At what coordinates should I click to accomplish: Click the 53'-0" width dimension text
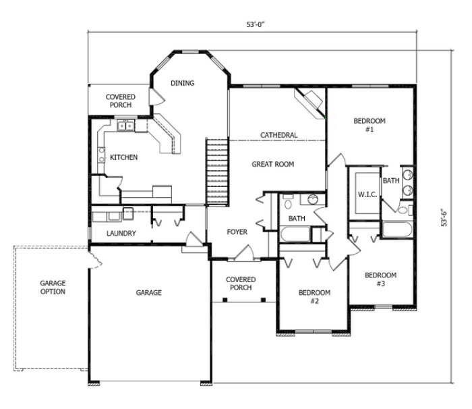[254, 24]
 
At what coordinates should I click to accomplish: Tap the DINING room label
[182, 84]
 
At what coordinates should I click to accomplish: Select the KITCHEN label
[124, 157]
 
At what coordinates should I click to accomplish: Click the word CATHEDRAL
[279, 136]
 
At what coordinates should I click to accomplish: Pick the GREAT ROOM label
[273, 164]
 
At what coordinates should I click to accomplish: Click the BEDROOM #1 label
[370, 125]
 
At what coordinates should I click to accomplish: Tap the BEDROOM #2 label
[314, 296]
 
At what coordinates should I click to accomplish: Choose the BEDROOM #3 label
[380, 279]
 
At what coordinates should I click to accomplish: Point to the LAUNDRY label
[121, 234]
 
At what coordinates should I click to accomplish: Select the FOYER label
[237, 232]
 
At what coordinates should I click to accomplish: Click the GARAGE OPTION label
[52, 288]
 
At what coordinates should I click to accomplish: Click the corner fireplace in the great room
[309, 101]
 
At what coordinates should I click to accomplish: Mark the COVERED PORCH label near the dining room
[120, 101]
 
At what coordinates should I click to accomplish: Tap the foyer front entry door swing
[243, 253]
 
